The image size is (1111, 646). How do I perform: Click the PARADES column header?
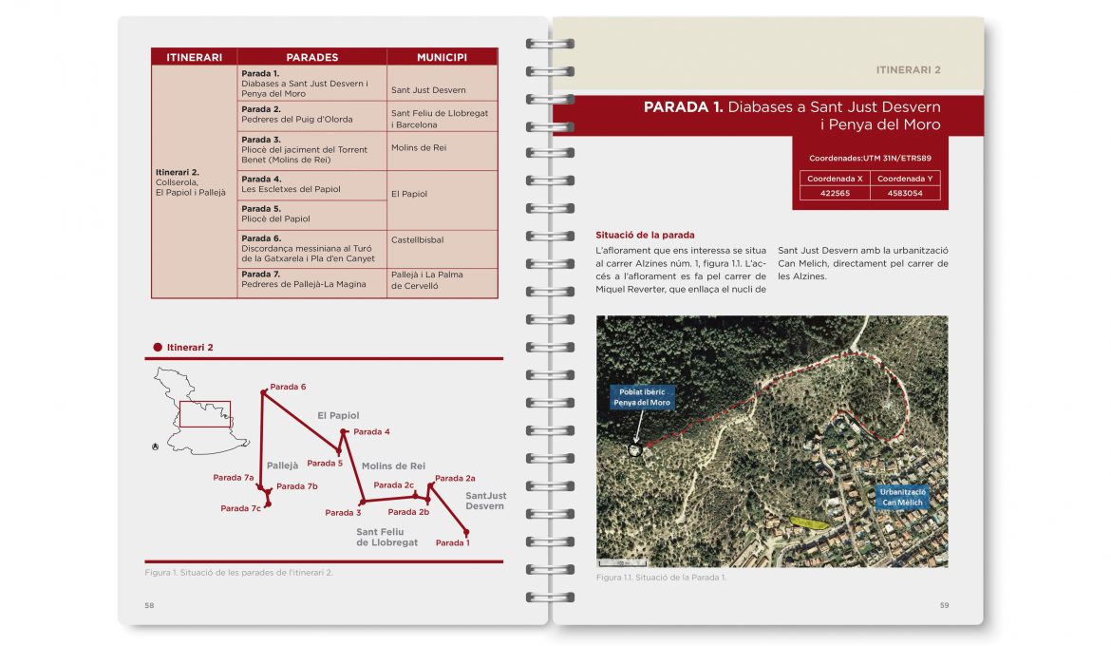pyautogui.click(x=311, y=57)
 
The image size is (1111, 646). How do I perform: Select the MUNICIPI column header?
pyautogui.click(x=442, y=57)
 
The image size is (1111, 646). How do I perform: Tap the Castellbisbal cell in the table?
pyautogui.click(x=417, y=240)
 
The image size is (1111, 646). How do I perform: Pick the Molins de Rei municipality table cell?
pyautogui.click(x=419, y=148)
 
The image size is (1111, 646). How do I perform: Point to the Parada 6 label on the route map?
pyautogui.click(x=288, y=388)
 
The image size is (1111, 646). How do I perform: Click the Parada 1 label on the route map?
pyautogui.click(x=452, y=543)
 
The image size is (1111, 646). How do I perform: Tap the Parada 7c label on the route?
pyautogui.click(x=240, y=509)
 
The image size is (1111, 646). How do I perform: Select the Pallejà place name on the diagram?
pyautogui.click(x=283, y=466)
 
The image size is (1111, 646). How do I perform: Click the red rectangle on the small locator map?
pyautogui.click(x=205, y=414)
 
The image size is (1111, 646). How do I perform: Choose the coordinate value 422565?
pyautogui.click(x=834, y=193)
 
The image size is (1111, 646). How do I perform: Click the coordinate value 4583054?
pyautogui.click(x=904, y=193)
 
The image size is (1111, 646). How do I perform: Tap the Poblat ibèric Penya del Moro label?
pyautogui.click(x=642, y=397)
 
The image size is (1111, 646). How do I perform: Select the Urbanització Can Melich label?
pyautogui.click(x=902, y=498)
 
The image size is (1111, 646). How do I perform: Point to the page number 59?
pyautogui.click(x=944, y=605)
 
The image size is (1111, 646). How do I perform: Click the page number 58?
pyautogui.click(x=149, y=605)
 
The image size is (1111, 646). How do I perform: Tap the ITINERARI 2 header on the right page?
pyautogui.click(x=908, y=69)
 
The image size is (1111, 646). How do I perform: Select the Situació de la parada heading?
pyautogui.click(x=645, y=235)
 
